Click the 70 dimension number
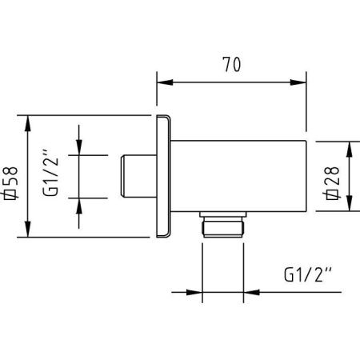[x=232, y=63]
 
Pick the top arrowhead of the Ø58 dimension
[x=29, y=121]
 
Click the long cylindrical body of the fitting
[x=240, y=176]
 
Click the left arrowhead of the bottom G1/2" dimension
[x=194, y=291]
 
